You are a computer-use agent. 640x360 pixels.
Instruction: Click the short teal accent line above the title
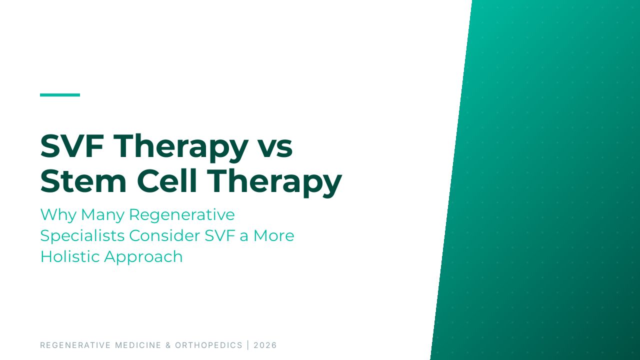[60, 95]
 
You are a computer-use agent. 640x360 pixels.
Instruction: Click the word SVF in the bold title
[72, 146]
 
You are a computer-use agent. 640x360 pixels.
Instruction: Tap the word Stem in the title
[83, 181]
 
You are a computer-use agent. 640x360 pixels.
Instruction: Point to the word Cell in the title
[167, 181]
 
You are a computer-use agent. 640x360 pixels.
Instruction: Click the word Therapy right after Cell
[274, 183]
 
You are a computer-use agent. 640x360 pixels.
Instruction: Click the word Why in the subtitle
[58, 215]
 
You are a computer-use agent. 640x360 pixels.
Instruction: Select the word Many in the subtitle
[103, 215]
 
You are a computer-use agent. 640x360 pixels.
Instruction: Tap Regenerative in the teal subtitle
[182, 215]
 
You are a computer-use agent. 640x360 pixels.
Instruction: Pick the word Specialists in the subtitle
[82, 236]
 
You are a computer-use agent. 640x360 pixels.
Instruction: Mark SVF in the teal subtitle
[219, 236]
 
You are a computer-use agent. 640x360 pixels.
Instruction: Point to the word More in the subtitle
[274, 236]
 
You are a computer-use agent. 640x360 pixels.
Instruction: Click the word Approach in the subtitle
[143, 257]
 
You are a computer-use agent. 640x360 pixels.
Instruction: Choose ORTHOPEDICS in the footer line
[208, 345]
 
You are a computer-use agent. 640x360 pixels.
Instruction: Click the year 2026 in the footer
[265, 345]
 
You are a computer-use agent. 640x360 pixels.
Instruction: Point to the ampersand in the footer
[168, 345]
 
